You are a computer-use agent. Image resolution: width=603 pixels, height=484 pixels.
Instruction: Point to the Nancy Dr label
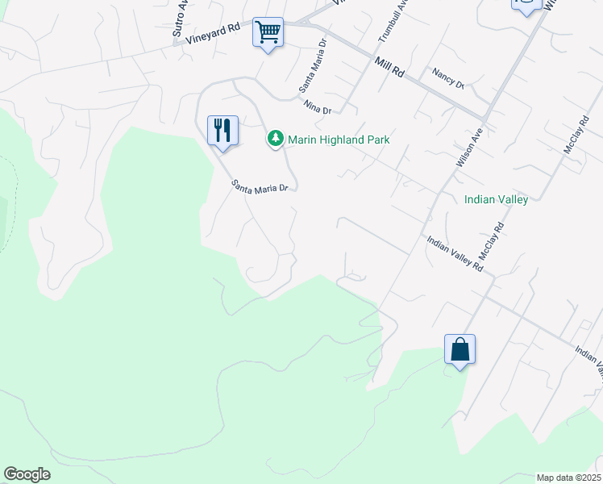click(448, 79)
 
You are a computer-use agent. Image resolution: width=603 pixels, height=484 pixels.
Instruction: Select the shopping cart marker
click(268, 33)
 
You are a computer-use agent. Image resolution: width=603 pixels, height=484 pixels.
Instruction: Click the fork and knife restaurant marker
click(222, 130)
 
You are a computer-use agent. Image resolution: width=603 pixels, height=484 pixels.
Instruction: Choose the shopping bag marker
click(460, 350)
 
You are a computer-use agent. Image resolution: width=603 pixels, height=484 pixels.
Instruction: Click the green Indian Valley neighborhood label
click(496, 199)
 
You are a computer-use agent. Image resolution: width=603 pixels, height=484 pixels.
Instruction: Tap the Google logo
click(27, 474)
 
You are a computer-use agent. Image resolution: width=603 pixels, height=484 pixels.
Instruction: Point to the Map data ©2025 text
click(568, 478)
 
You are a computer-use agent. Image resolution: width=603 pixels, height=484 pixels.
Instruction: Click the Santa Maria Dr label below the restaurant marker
click(260, 187)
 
